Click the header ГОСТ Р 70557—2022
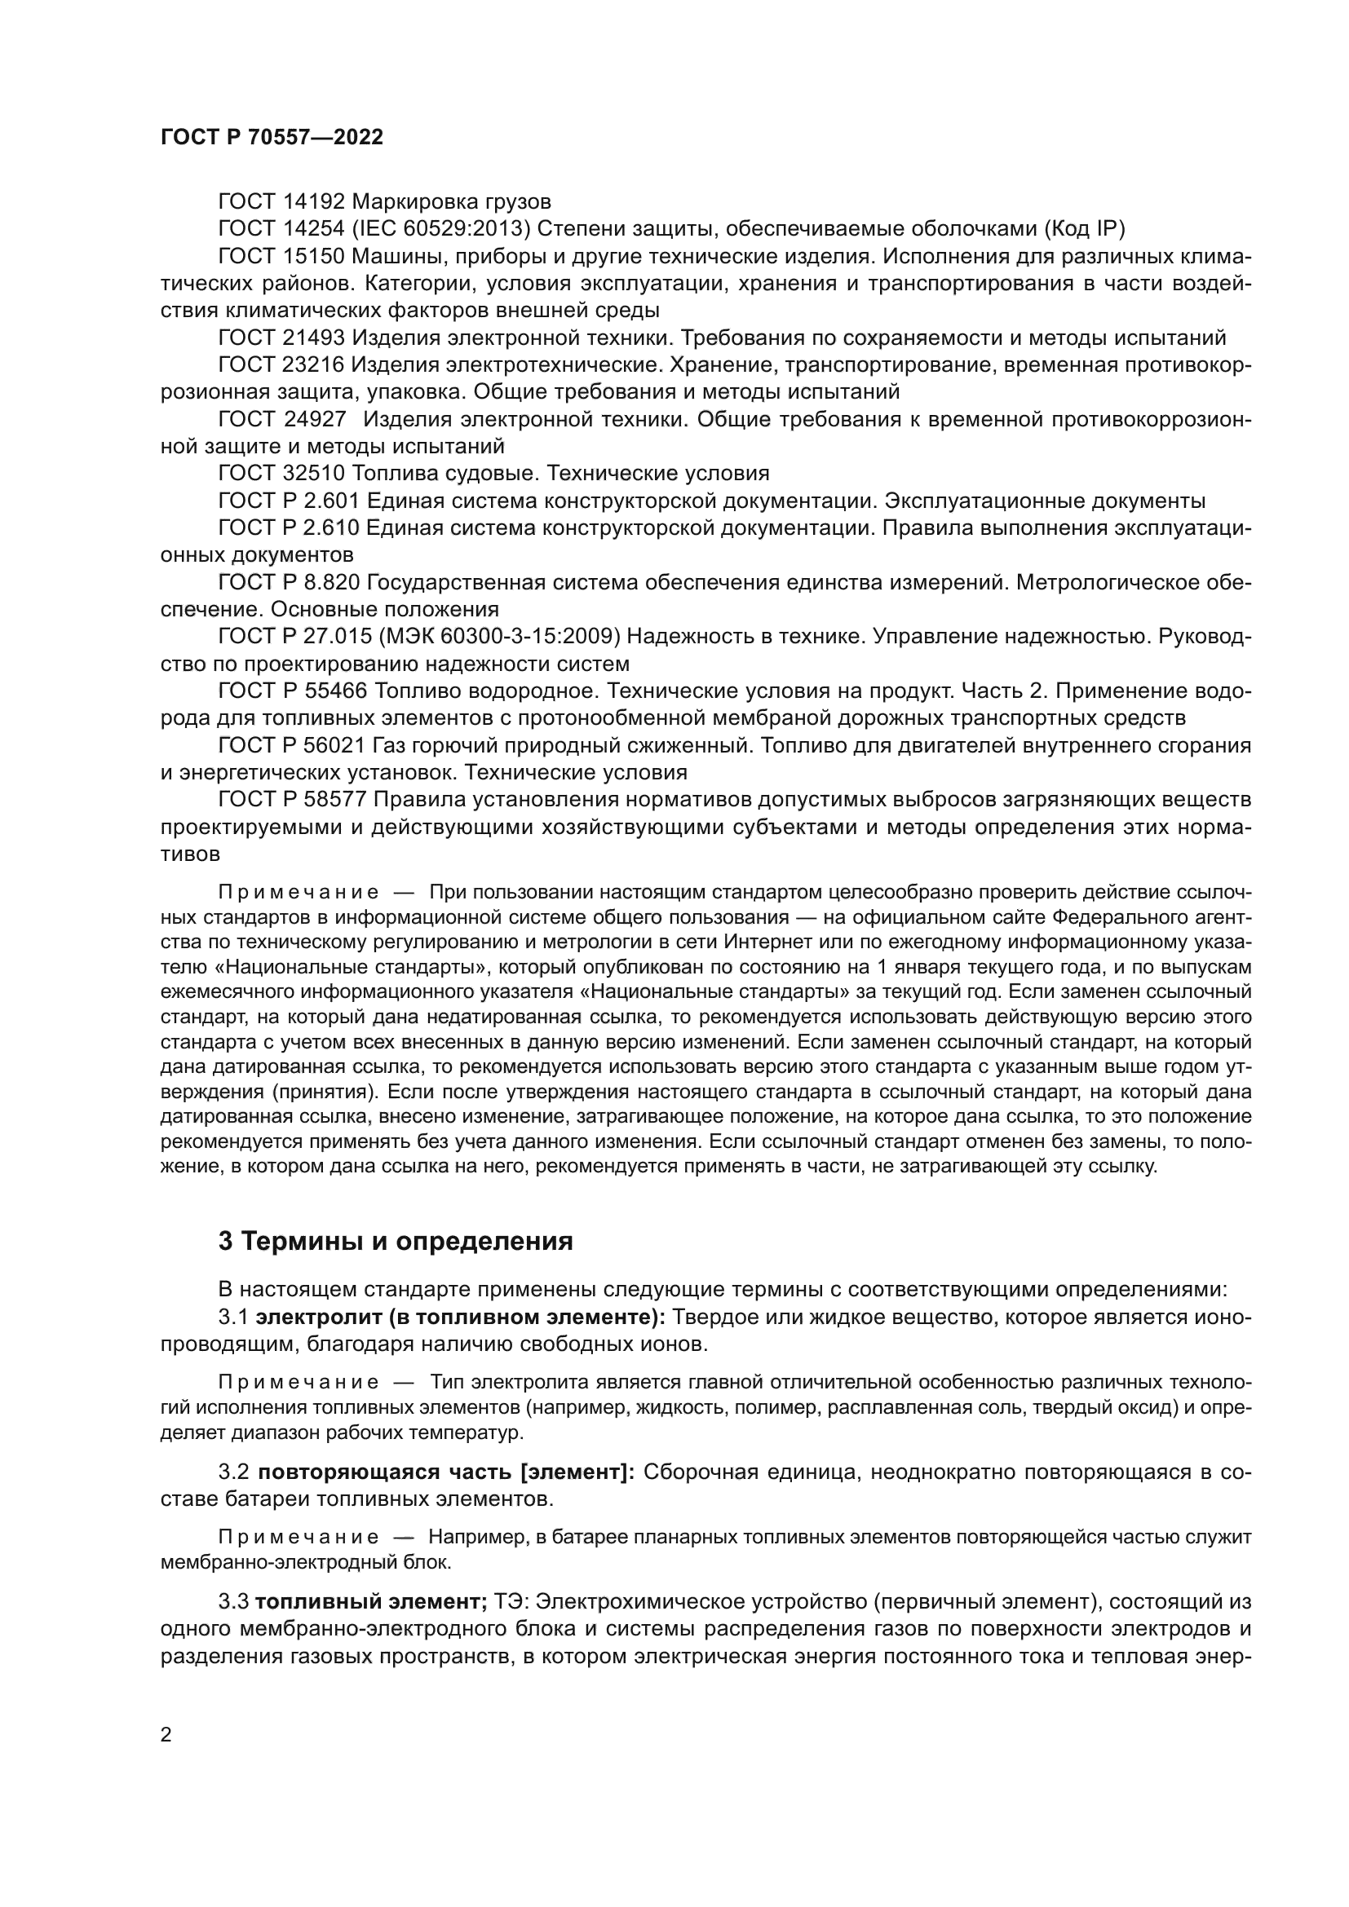click(x=272, y=138)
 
